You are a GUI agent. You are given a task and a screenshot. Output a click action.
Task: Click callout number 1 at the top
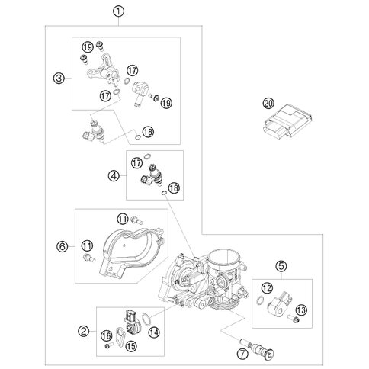117,11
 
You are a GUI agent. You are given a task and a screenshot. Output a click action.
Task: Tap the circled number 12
267,287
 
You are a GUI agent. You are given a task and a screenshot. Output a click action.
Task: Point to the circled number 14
155,332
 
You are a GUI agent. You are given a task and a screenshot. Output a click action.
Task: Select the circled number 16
106,335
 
